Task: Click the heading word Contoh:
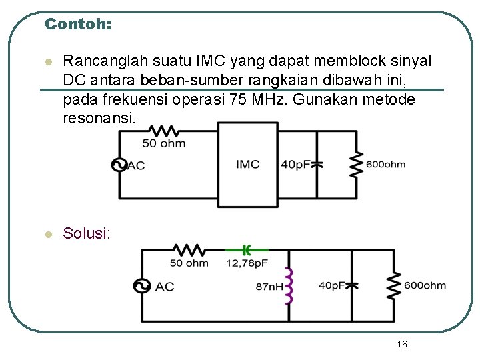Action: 77,24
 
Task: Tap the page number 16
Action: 401,344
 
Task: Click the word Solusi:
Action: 87,233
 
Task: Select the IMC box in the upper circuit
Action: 248,164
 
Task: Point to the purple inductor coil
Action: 289,286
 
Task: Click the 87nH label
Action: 269,287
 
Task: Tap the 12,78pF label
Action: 247,263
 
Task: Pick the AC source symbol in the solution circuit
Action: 141,286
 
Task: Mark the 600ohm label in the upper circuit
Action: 385,165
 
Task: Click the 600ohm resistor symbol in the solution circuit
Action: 393,285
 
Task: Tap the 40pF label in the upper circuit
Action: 295,165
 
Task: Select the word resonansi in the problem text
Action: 98,118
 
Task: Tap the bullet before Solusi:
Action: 47,234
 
